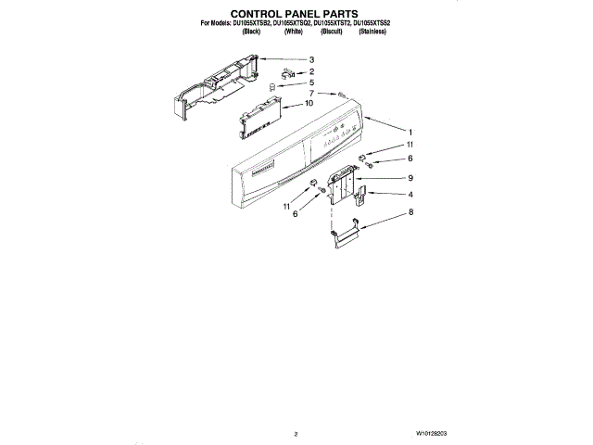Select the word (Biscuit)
point(331,32)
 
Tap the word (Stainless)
point(372,32)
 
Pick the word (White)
point(294,32)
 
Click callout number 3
point(311,60)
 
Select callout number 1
point(410,132)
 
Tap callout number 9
point(409,177)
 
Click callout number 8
point(410,212)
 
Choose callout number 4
point(409,194)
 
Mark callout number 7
point(311,94)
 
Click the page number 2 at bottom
point(295,433)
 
